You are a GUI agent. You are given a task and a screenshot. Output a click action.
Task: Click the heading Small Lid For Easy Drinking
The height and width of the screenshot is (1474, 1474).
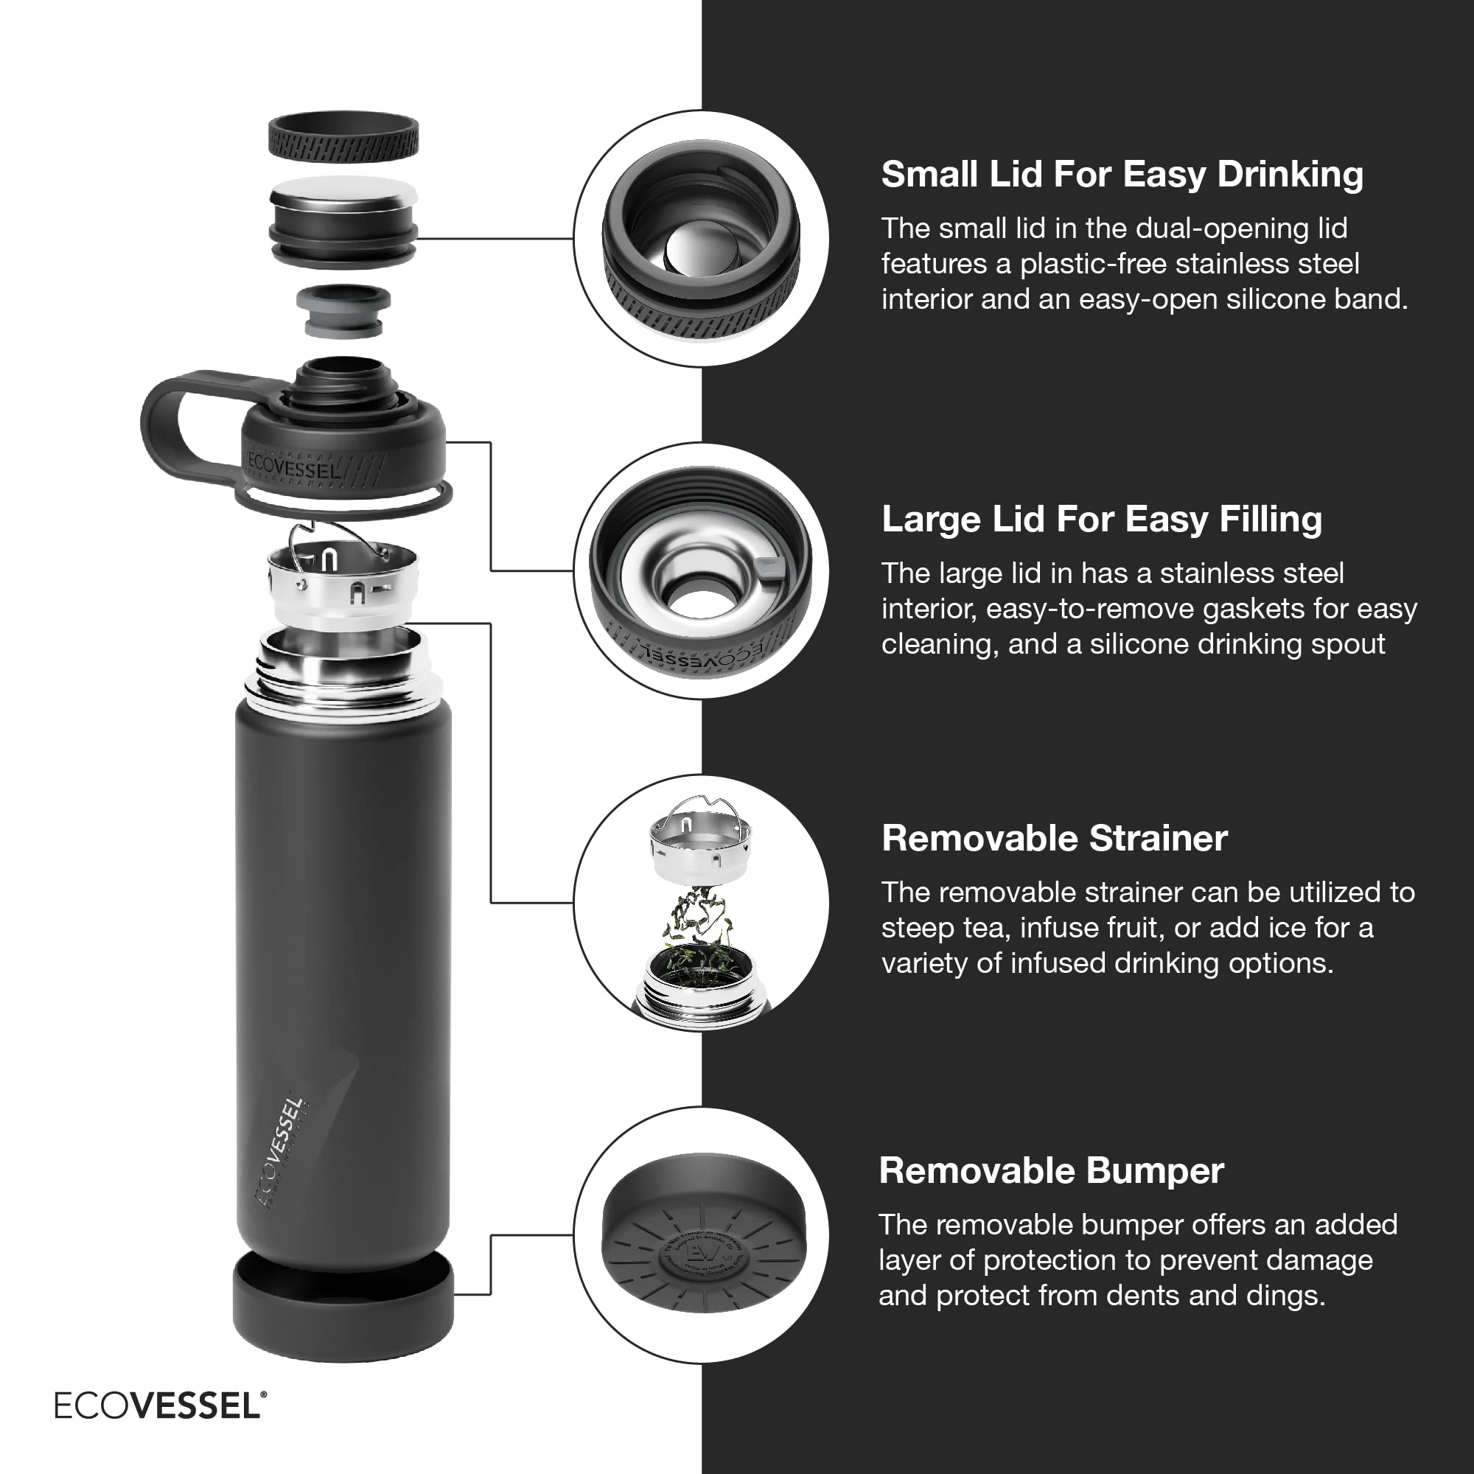click(x=1122, y=175)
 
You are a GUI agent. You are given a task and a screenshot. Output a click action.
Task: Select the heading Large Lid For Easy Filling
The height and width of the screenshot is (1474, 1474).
click(x=1101, y=520)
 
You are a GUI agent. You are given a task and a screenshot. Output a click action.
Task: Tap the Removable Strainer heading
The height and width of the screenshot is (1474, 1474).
click(x=1054, y=839)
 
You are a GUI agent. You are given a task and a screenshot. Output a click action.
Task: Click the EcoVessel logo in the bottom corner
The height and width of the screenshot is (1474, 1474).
click(x=160, y=1405)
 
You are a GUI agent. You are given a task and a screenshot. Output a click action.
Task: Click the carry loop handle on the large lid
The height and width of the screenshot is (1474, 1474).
click(x=175, y=427)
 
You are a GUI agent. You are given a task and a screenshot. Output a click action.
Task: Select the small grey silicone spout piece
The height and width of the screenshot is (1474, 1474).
click(x=343, y=310)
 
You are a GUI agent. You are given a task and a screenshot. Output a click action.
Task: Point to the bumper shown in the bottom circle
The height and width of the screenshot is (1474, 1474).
click(x=702, y=1244)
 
